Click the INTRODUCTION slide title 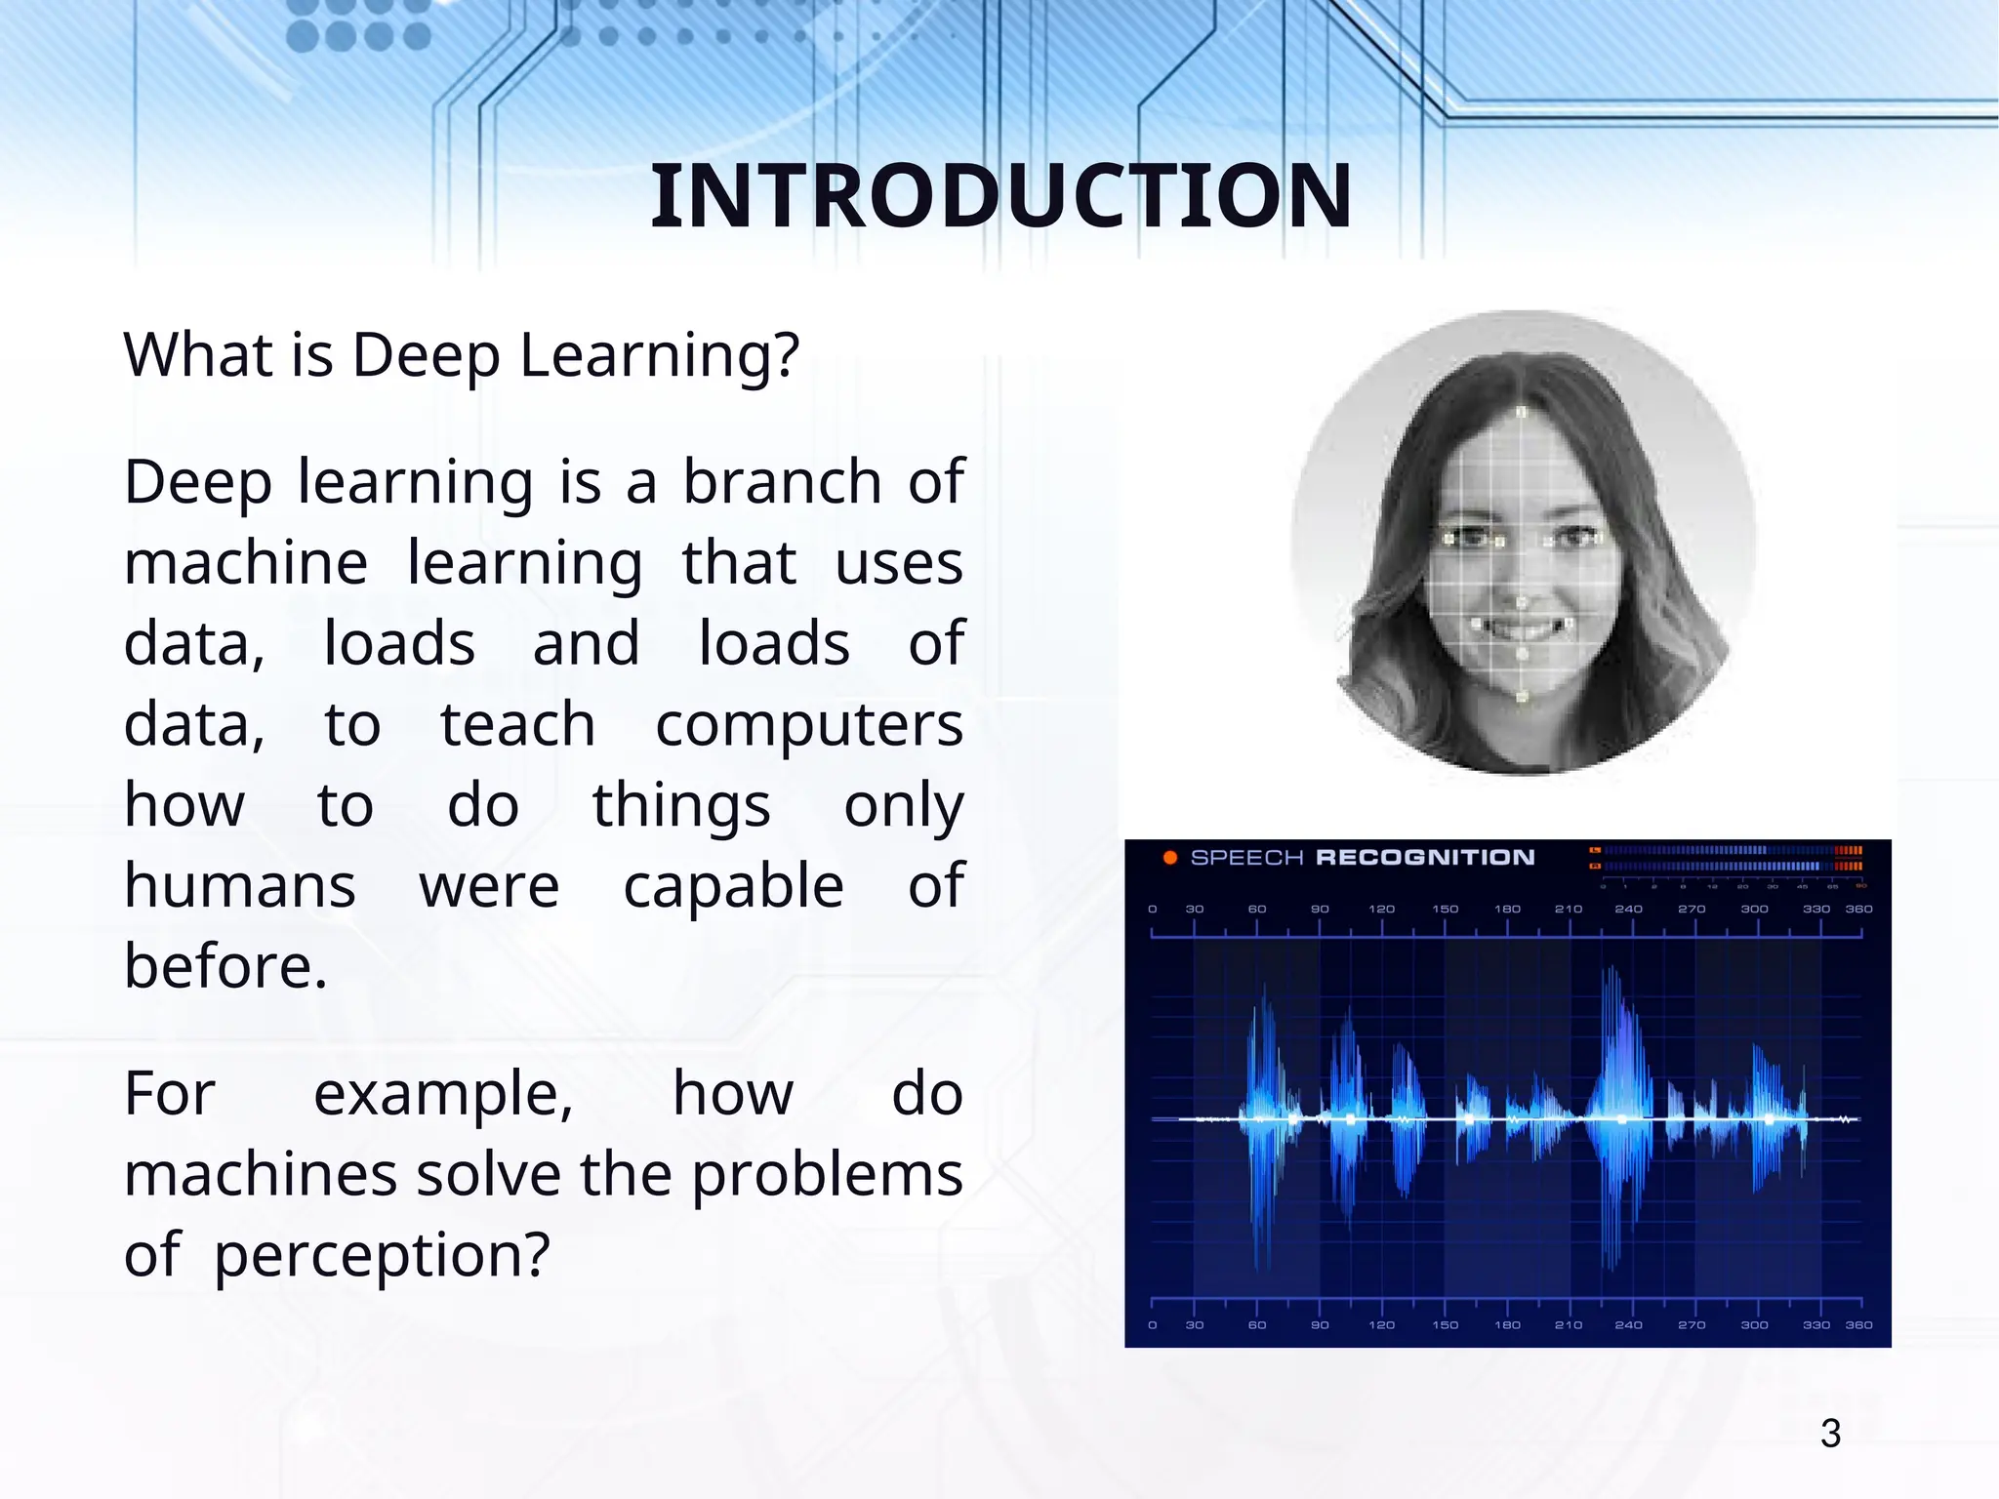1000,197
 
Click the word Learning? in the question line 659,355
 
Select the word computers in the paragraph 808,726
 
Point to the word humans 239,886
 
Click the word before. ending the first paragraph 225,967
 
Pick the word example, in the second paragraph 443,1094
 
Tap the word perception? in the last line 382,1255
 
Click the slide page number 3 1830,1434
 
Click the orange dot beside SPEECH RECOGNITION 1169,858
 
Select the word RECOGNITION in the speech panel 1425,858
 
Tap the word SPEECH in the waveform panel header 1246,858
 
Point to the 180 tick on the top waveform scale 1507,910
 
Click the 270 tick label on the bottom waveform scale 1692,1325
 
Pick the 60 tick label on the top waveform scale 1257,910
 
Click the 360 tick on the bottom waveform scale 1858,1325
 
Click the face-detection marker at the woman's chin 1523,697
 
